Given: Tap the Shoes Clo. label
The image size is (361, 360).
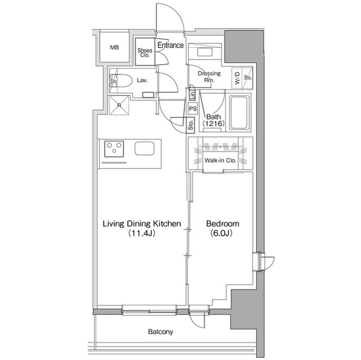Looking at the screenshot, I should pyautogui.click(x=144, y=53).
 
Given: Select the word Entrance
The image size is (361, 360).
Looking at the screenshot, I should pyautogui.click(x=170, y=45).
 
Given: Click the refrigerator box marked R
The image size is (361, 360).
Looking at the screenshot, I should pyautogui.click(x=119, y=105).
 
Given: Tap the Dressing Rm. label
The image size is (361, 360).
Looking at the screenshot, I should pyautogui.click(x=209, y=77).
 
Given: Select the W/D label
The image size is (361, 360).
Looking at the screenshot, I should pyautogui.click(x=237, y=78).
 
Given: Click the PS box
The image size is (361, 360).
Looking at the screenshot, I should pyautogui.click(x=192, y=109).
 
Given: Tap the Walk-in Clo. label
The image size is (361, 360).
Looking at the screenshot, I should pyautogui.click(x=220, y=161).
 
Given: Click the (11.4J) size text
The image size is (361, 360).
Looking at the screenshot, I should pyautogui.click(x=141, y=233).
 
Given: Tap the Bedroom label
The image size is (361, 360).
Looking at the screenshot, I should pyautogui.click(x=220, y=224).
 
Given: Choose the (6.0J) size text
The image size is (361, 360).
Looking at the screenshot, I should pyautogui.click(x=220, y=233).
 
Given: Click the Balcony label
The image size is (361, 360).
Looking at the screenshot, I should pyautogui.click(x=160, y=332).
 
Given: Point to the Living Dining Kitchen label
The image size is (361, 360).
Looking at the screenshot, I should pyautogui.click(x=141, y=224).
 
